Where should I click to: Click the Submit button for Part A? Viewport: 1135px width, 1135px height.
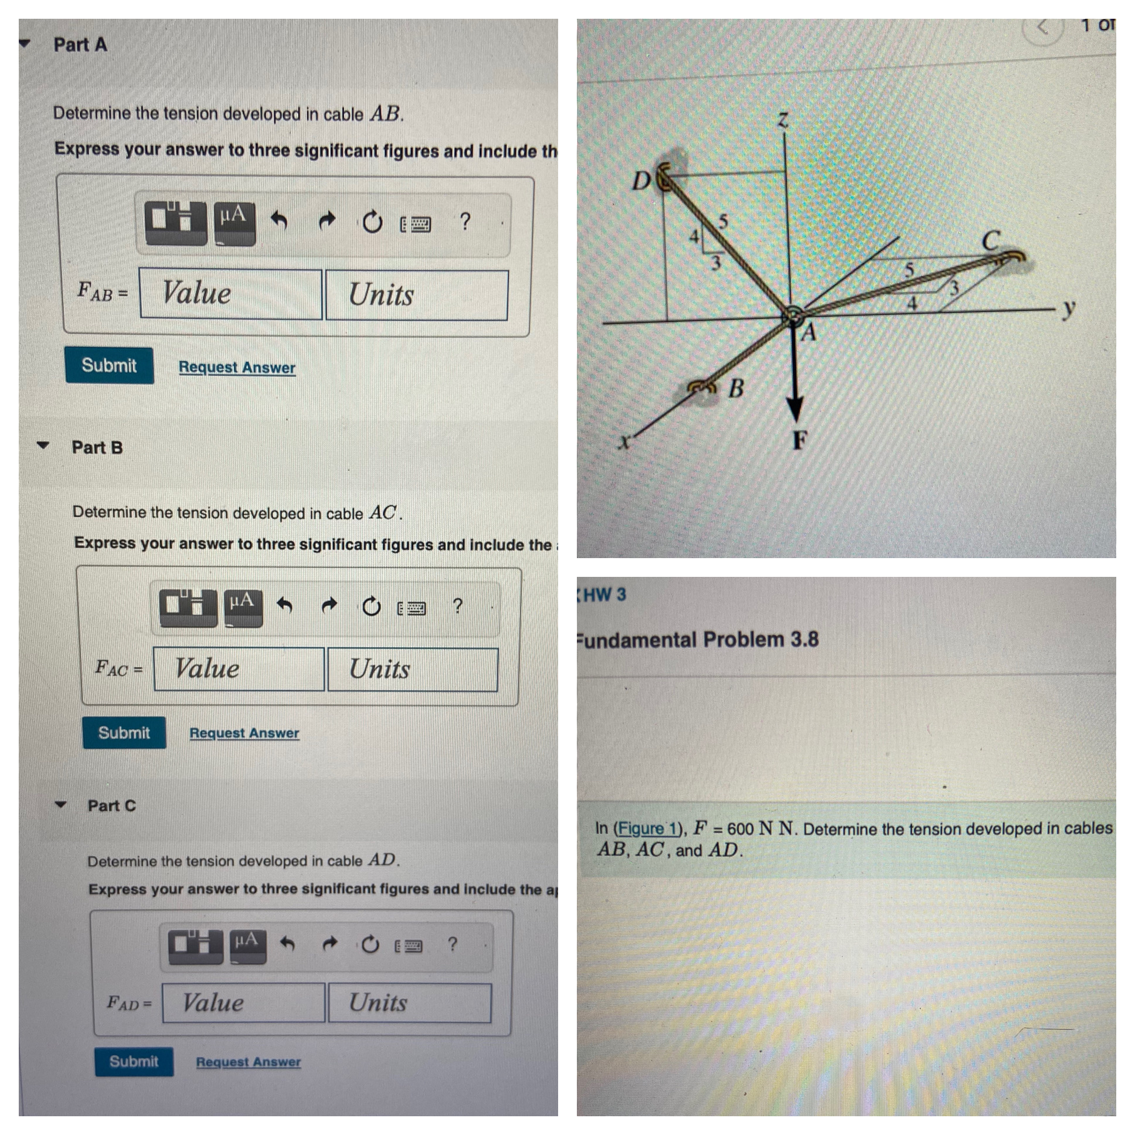tap(109, 365)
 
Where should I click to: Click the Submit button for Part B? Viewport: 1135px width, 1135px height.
tap(124, 733)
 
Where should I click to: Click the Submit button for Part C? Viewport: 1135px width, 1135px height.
tap(134, 1062)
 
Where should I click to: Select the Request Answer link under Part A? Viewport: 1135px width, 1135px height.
tap(237, 367)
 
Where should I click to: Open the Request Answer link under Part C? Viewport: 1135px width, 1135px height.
tap(248, 1062)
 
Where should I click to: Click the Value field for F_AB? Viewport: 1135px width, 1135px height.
tap(231, 294)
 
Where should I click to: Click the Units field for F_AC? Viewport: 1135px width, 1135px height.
tap(412, 669)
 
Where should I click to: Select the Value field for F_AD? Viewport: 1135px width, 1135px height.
tap(243, 1003)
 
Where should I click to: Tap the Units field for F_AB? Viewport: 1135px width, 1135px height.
tap(416, 295)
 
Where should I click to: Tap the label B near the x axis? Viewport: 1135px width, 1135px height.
tap(736, 388)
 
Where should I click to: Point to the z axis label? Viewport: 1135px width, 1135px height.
tap(783, 120)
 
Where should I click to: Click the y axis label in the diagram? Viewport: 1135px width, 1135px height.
tap(1069, 307)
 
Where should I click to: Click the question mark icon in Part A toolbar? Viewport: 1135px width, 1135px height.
tap(465, 222)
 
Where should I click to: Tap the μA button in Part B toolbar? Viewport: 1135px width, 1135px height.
tap(243, 606)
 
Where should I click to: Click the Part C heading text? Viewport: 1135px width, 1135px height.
tap(111, 806)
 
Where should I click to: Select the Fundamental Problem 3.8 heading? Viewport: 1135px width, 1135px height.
tap(699, 639)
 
